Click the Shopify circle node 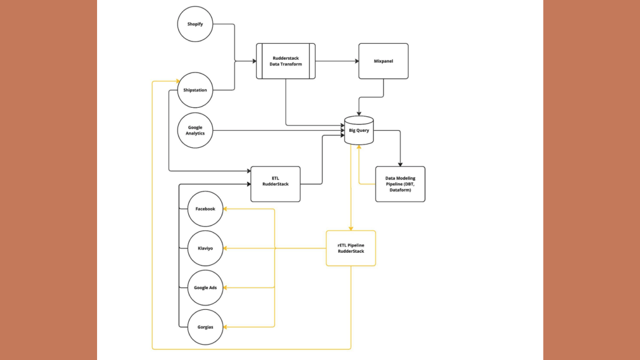pyautogui.click(x=195, y=24)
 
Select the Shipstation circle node pyautogui.click(x=195, y=90)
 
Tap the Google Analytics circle pyautogui.click(x=195, y=130)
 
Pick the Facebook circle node pyautogui.click(x=205, y=209)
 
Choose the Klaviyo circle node pyautogui.click(x=205, y=249)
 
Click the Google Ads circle pyautogui.click(x=205, y=287)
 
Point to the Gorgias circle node pyautogui.click(x=205, y=327)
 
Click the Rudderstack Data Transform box pyautogui.click(x=286, y=61)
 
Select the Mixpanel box pyautogui.click(x=383, y=61)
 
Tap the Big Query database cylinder pyautogui.click(x=358, y=131)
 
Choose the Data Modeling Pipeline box pyautogui.click(x=400, y=184)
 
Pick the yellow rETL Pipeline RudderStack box pyautogui.click(x=351, y=248)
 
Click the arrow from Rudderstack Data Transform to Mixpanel pyautogui.click(x=337, y=61)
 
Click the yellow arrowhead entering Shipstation pyautogui.click(x=177, y=81)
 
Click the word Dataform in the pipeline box pyautogui.click(x=400, y=190)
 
